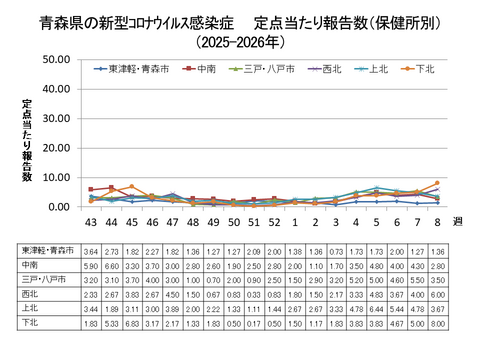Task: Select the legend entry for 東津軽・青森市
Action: click(x=134, y=69)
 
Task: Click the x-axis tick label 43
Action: click(x=91, y=221)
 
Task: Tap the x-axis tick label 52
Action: click(x=274, y=221)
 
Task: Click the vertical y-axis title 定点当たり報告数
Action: click(x=29, y=140)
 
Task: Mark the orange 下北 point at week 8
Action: click(x=437, y=183)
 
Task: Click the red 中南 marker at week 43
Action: click(x=91, y=189)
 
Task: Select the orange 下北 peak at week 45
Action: click(x=131, y=187)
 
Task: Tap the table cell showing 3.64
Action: click(x=91, y=253)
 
